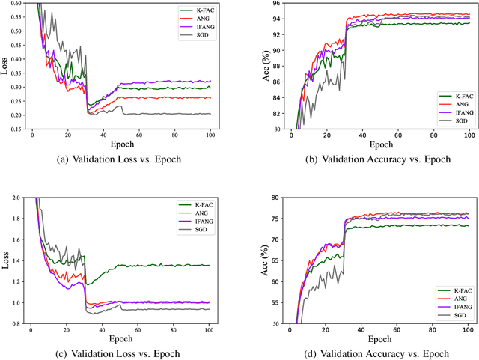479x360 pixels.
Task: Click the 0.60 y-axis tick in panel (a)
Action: coord(15,4)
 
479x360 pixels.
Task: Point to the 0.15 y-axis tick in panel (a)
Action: coord(15,129)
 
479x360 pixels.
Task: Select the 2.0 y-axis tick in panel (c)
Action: coord(17,198)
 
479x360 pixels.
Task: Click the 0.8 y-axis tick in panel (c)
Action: coord(17,323)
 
